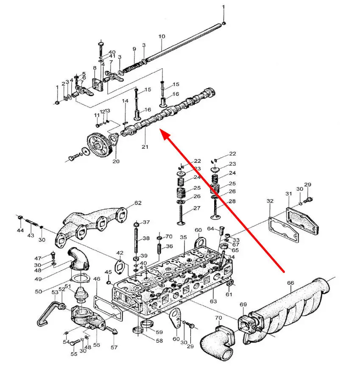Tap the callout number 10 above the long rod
tap(162, 36)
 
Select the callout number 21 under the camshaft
tap(145, 147)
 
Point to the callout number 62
tap(138, 203)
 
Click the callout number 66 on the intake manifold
tap(290, 283)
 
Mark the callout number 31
tap(289, 194)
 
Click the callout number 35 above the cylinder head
tap(183, 237)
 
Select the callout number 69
tap(243, 305)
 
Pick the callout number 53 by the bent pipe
tap(55, 292)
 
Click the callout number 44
tap(20, 230)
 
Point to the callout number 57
tap(114, 348)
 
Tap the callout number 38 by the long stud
tap(146, 239)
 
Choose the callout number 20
tap(116, 161)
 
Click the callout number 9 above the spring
tap(134, 50)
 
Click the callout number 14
tap(125, 101)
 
